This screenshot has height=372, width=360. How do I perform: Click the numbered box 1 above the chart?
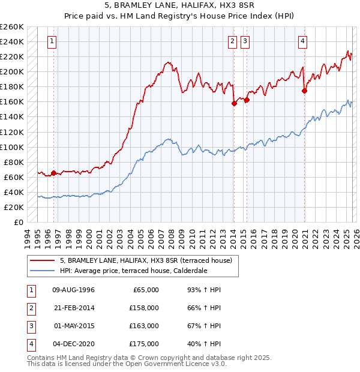(53, 41)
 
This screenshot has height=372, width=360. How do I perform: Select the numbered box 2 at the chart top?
(232, 41)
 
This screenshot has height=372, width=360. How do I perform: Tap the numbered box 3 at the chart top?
(245, 41)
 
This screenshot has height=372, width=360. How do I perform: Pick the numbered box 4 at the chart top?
(303, 41)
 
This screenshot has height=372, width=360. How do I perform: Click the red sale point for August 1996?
(53, 173)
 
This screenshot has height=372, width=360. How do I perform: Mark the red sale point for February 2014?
(234, 103)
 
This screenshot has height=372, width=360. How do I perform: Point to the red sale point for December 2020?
(304, 91)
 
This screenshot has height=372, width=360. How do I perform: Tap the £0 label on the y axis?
(19, 223)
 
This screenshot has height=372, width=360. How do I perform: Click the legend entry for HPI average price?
(133, 271)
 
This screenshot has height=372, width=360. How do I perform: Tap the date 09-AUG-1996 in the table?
(73, 290)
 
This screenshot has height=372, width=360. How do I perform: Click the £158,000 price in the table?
(144, 308)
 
